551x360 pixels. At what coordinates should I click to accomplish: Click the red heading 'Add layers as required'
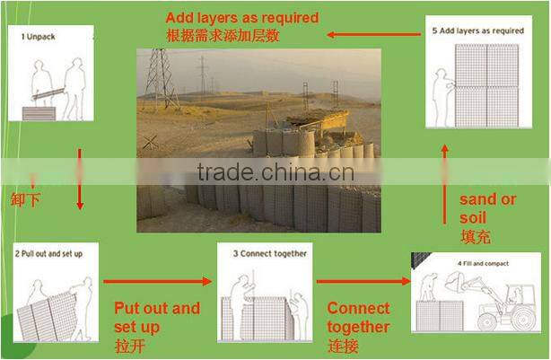tap(241, 17)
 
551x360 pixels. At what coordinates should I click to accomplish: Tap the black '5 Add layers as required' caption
tap(477, 31)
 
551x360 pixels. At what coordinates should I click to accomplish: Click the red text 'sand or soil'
tap(487, 208)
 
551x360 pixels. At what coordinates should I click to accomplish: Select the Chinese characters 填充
tap(475, 238)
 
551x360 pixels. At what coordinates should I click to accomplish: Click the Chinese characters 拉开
tap(130, 346)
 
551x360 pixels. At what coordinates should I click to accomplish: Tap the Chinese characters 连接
tap(343, 346)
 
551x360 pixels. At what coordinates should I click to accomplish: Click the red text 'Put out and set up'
tap(156, 317)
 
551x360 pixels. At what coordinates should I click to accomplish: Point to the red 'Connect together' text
tap(358, 317)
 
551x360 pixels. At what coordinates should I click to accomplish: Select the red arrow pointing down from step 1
tap(80, 180)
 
